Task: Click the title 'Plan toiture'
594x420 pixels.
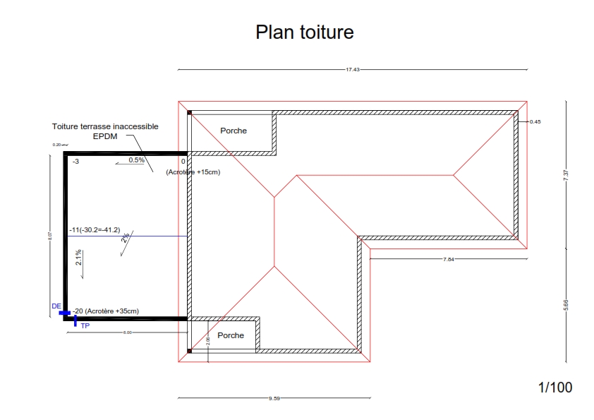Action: pyautogui.click(x=304, y=32)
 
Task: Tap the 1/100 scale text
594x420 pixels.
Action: pyautogui.click(x=555, y=387)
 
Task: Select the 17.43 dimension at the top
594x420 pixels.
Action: pyautogui.click(x=353, y=70)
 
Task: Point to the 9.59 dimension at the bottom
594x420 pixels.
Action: pyautogui.click(x=274, y=399)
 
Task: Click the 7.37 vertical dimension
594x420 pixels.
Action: pyautogui.click(x=566, y=176)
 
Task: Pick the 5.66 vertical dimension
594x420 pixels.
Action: pyautogui.click(x=566, y=305)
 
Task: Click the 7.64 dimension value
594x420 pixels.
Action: pyautogui.click(x=449, y=260)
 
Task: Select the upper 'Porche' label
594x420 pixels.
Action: pyautogui.click(x=234, y=131)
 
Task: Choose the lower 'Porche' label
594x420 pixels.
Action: pyautogui.click(x=231, y=335)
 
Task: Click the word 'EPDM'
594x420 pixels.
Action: pyautogui.click(x=104, y=136)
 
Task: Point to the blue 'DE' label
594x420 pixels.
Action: pyautogui.click(x=56, y=306)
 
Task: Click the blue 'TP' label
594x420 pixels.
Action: pyautogui.click(x=85, y=326)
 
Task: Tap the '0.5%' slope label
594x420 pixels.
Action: pyautogui.click(x=136, y=160)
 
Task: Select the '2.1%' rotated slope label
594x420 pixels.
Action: pyautogui.click(x=79, y=257)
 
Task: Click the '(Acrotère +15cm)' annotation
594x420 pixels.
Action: pyautogui.click(x=193, y=172)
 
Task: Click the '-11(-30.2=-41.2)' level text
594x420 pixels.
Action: pyautogui.click(x=95, y=230)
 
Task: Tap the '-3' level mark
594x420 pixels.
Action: pyautogui.click(x=75, y=162)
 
